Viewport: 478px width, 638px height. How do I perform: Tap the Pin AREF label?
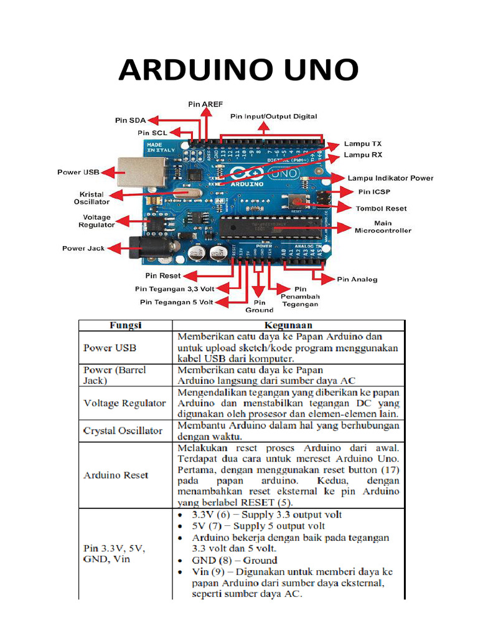pos(205,104)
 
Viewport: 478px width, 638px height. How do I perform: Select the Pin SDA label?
pos(129,120)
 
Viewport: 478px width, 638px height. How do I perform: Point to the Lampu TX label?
pos(363,143)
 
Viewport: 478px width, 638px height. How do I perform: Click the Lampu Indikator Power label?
pos(390,178)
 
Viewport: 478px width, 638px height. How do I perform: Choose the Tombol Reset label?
pos(381,208)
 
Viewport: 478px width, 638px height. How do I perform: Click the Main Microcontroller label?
pos(383,226)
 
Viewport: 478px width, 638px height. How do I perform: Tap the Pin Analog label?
pos(357,279)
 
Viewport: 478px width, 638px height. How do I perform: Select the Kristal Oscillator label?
pos(91,198)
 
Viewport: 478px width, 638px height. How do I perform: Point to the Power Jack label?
pos(83,248)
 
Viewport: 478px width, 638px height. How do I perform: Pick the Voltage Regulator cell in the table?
pos(124,403)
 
